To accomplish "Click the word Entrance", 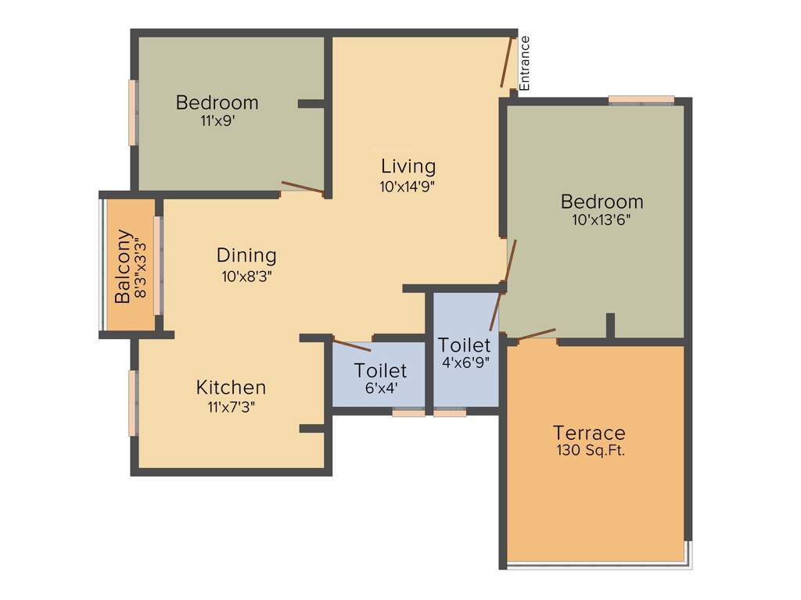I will [525, 63].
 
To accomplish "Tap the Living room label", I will [408, 166].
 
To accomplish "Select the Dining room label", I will [246, 255].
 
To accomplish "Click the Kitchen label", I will [231, 387].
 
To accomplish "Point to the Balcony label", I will [123, 266].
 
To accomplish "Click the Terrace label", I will [589, 432].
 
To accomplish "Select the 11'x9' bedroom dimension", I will [218, 121].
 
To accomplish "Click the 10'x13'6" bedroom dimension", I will [602, 220].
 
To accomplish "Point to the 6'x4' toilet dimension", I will [380, 387].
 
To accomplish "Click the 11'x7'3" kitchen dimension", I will [231, 405].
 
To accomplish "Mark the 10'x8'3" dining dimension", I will [246, 275].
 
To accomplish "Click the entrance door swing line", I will [507, 61].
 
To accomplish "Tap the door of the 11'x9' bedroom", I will [302, 187].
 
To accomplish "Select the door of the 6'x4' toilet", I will [351, 345].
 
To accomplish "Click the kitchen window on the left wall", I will [134, 402].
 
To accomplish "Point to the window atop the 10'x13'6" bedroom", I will [641, 99].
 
